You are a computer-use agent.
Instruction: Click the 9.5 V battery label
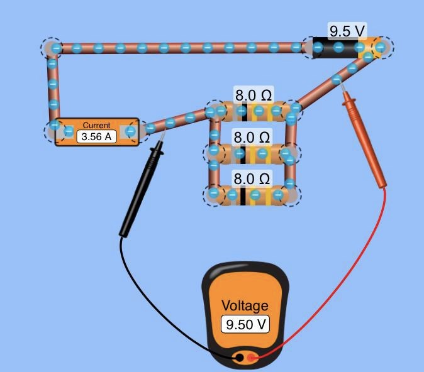pyautogui.click(x=348, y=30)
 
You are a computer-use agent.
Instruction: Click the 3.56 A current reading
pyautogui.click(x=97, y=136)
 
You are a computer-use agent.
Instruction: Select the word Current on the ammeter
pyautogui.click(x=96, y=126)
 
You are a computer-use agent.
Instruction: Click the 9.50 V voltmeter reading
pyautogui.click(x=245, y=324)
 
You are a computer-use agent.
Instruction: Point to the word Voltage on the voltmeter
pyautogui.click(x=245, y=306)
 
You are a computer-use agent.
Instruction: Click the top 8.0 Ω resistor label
pyautogui.click(x=254, y=96)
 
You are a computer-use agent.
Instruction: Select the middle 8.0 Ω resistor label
pyautogui.click(x=252, y=137)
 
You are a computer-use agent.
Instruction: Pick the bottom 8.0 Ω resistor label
pyautogui.click(x=252, y=179)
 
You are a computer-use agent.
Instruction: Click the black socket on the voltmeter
pyautogui.click(x=239, y=358)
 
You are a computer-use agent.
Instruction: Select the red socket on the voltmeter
pyautogui.click(x=252, y=358)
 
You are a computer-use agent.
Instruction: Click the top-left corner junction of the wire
pyautogui.click(x=53, y=47)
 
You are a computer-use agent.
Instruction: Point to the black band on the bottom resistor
pyautogui.click(x=242, y=195)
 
